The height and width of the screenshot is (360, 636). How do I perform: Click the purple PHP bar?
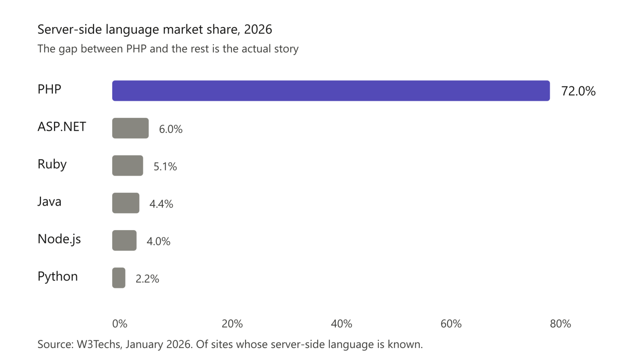[x=331, y=91]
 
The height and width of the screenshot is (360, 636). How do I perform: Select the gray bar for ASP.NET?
[x=130, y=128]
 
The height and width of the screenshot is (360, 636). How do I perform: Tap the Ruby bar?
[x=128, y=166]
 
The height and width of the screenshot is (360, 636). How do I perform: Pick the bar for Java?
[x=126, y=203]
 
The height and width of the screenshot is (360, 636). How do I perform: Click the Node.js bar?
[x=124, y=240]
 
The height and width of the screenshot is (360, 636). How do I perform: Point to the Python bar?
[x=119, y=278]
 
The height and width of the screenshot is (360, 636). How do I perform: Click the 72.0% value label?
[x=578, y=91]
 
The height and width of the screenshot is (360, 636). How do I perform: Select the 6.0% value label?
[x=171, y=129]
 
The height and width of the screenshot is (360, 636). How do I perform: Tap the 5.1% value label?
[x=165, y=166]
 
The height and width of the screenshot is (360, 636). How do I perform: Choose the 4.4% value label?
[x=161, y=204]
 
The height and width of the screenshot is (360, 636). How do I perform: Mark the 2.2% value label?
[x=147, y=279]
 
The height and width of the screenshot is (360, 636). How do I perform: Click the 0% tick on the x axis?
[x=120, y=324]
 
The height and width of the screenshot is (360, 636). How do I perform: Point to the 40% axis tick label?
[x=342, y=324]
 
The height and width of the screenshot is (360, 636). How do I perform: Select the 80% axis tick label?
[x=561, y=324]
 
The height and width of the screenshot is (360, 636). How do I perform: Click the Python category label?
[x=58, y=276]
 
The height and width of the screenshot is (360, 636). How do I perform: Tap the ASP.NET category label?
[x=62, y=127]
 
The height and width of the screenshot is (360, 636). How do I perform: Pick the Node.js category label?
[x=59, y=239]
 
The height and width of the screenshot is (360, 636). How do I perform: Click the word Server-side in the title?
[x=70, y=29]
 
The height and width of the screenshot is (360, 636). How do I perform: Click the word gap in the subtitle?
[x=68, y=49]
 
